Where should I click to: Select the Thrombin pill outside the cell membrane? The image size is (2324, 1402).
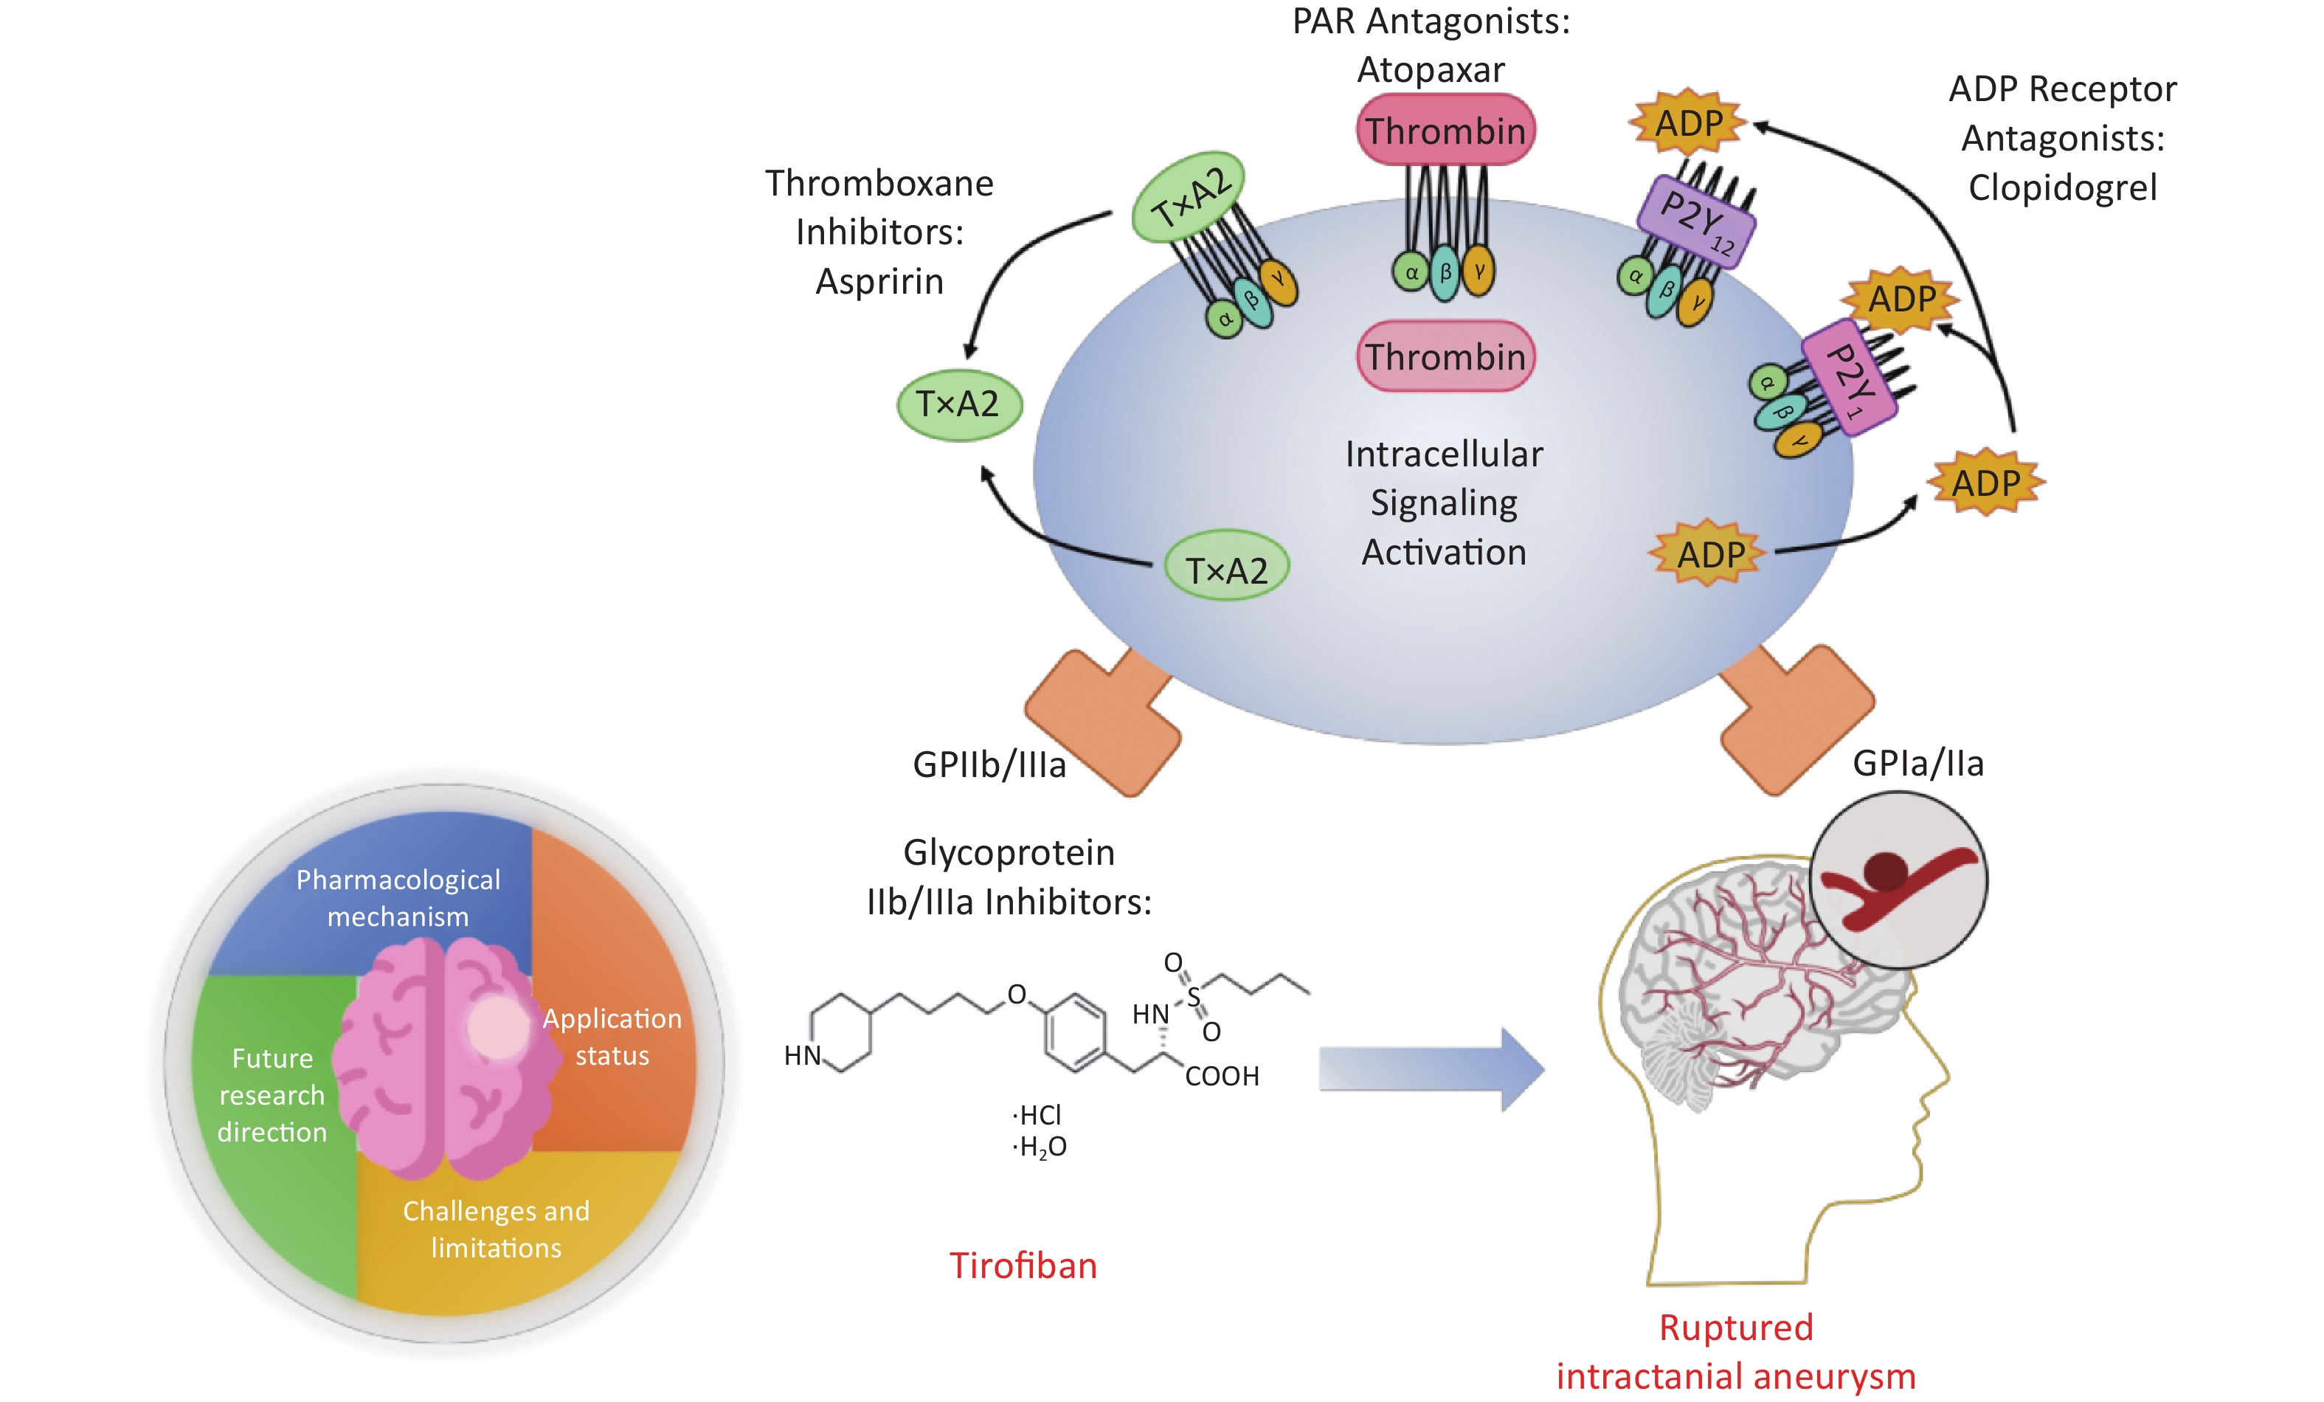[x=1445, y=130]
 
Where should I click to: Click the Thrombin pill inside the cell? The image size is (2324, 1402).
[x=1445, y=356]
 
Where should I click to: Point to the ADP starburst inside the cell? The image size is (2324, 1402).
[x=1708, y=554]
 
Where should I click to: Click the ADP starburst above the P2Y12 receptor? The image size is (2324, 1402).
[x=1687, y=122]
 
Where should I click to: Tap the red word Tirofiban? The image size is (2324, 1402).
[x=1023, y=1265]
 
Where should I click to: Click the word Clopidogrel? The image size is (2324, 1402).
[x=2062, y=187]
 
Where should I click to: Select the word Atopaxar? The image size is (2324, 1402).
[x=1430, y=70]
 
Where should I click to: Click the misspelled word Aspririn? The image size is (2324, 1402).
[x=879, y=281]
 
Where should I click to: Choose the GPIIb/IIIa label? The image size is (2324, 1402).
[x=989, y=764]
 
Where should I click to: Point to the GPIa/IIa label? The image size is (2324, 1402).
[x=1917, y=763]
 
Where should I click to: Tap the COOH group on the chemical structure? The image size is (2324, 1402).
[x=1222, y=1077]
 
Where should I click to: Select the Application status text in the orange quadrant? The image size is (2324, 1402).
[x=612, y=1037]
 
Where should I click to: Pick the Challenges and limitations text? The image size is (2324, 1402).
[x=496, y=1229]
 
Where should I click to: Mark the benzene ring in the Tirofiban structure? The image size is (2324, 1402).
[x=1074, y=1032]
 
